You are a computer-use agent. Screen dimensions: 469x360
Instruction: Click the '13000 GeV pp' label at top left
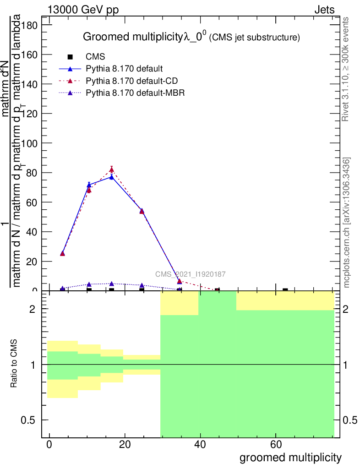(83, 11)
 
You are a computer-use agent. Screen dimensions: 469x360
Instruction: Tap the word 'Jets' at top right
(324, 11)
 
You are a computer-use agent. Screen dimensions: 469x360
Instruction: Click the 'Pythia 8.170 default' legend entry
(124, 69)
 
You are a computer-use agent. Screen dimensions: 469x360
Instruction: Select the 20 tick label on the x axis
(125, 445)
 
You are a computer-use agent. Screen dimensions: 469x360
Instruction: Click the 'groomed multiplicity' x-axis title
(290, 458)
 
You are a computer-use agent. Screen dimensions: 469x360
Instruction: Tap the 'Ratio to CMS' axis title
(15, 364)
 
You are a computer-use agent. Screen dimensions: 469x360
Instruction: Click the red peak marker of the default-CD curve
(111, 169)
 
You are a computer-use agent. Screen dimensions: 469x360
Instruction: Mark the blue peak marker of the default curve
(111, 177)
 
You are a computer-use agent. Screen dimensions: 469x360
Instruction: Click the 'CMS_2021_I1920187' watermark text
(190, 274)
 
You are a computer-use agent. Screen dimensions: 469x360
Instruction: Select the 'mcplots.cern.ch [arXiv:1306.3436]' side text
(347, 223)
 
